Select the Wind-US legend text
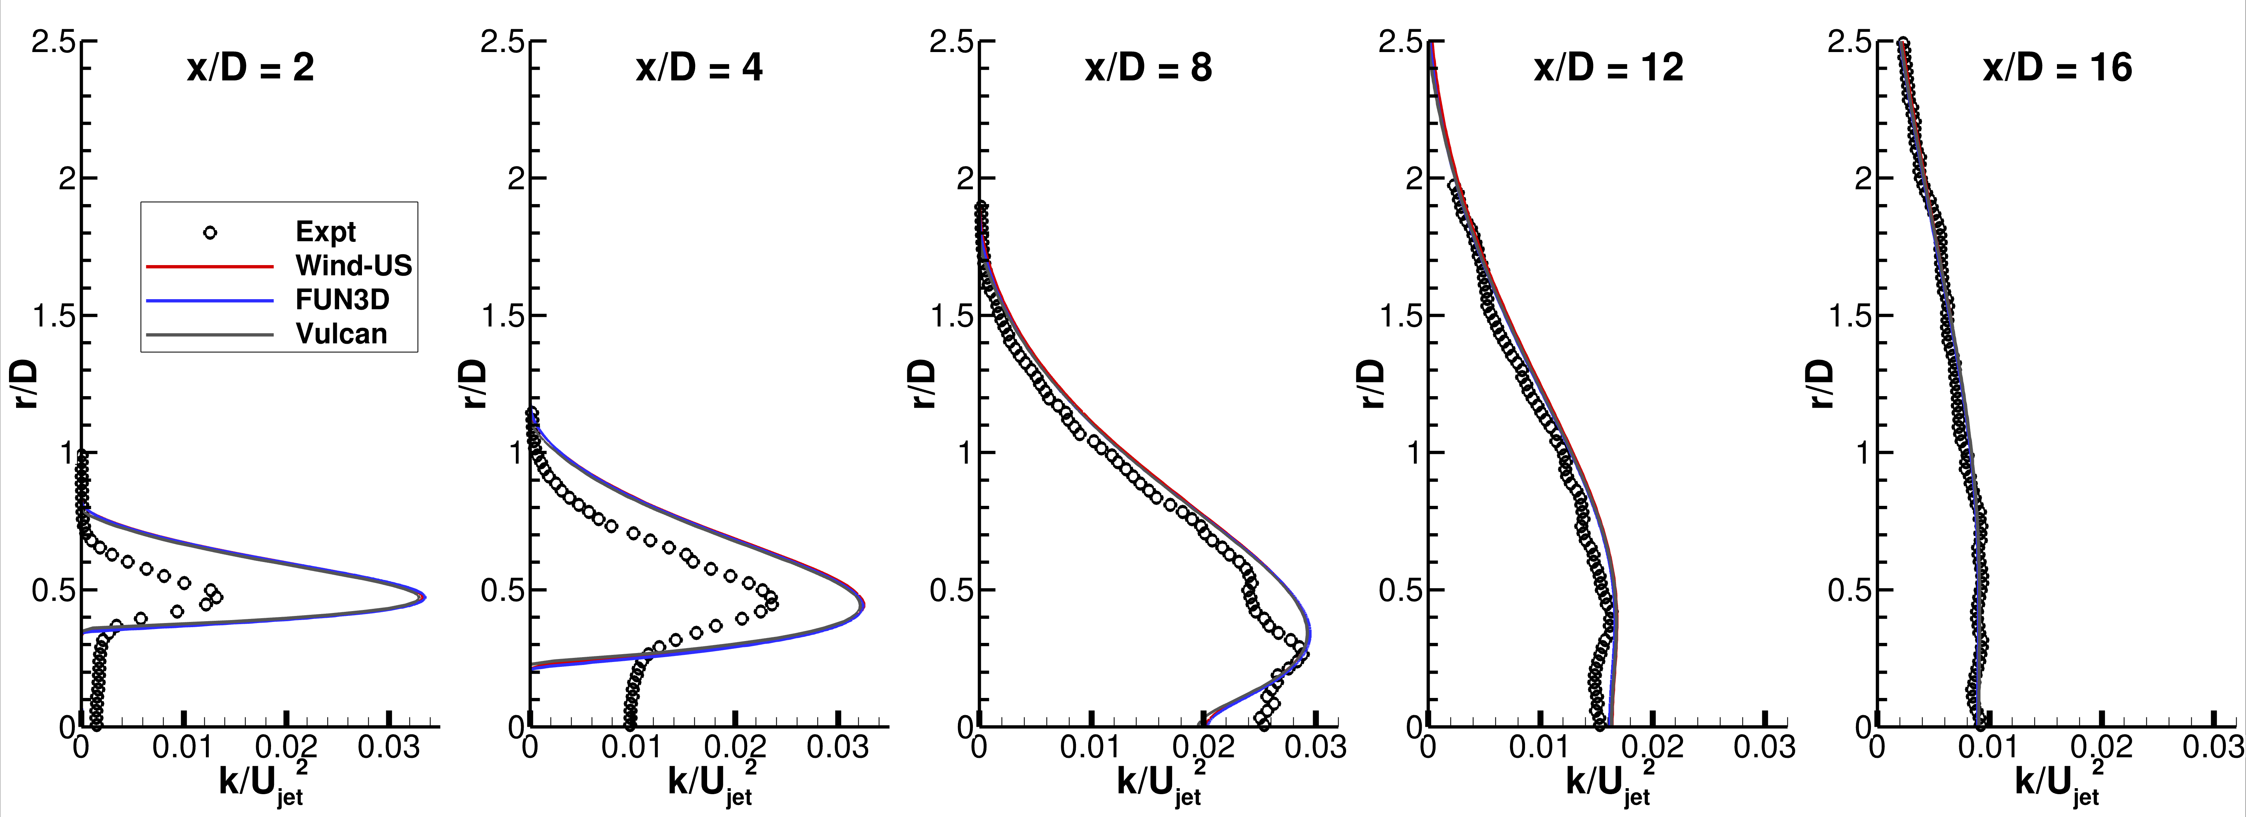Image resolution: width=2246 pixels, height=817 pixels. point(353,266)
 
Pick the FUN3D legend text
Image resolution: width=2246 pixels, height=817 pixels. point(342,300)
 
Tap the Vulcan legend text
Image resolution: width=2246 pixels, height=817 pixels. point(341,334)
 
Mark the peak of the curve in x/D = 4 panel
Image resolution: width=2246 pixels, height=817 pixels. point(862,603)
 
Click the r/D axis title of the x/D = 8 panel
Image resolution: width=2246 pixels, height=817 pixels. point(922,384)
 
